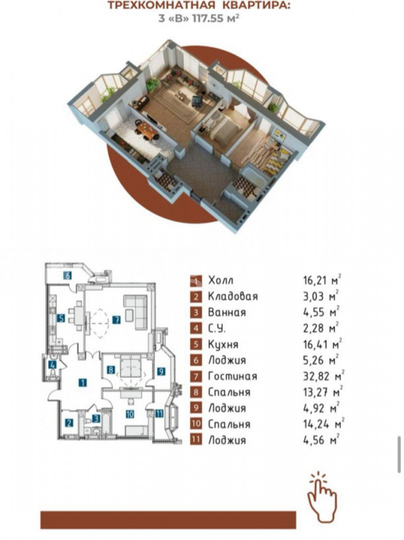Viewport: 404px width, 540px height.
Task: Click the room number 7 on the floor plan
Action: coord(116,320)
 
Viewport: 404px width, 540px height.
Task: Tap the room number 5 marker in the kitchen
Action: coord(61,318)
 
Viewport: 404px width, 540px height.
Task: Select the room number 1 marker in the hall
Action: coord(83,382)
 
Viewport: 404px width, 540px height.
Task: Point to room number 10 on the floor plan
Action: coord(130,414)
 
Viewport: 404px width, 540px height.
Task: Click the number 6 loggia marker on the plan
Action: coord(68,275)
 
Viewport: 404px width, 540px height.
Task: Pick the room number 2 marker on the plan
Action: coord(69,422)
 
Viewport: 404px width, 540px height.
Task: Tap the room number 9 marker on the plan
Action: coord(161,371)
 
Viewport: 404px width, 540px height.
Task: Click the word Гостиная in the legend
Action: coord(233,376)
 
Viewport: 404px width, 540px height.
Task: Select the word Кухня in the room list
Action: coord(223,344)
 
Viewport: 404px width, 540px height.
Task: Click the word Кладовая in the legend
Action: coord(233,296)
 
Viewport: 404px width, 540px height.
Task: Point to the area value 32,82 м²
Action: coord(323,376)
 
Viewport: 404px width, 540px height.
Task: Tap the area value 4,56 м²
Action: coord(321,439)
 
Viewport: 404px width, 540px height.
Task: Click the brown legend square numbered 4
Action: coord(195,328)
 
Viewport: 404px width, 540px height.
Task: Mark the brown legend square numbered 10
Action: coord(195,424)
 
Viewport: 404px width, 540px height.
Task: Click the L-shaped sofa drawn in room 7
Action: coord(136,311)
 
